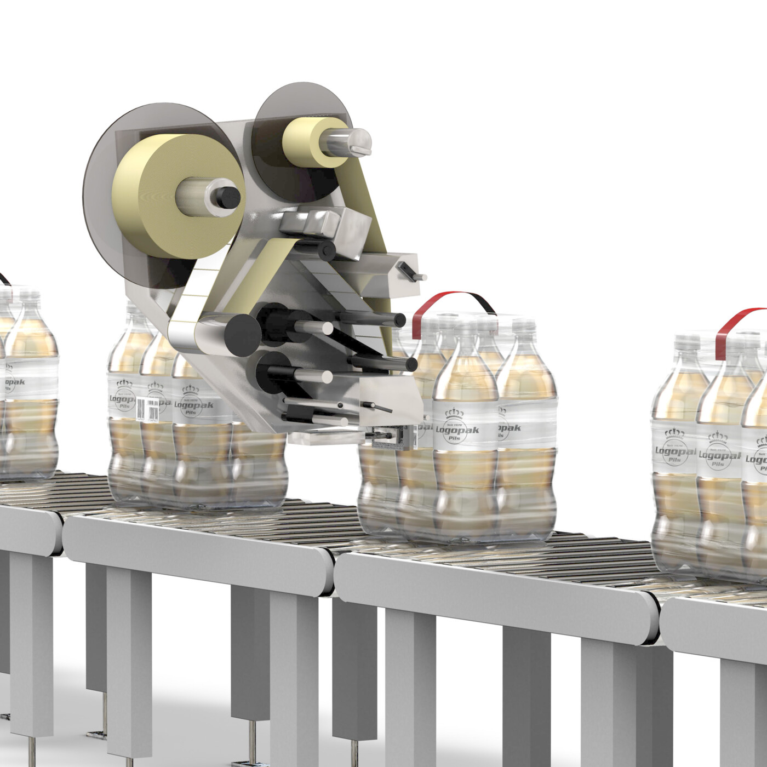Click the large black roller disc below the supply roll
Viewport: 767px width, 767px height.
pos(242,334)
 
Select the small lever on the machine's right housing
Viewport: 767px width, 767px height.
pos(411,272)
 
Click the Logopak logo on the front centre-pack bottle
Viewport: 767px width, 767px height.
pos(457,431)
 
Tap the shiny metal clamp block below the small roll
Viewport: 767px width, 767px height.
pos(307,222)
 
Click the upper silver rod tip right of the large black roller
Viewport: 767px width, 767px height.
pos(327,328)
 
